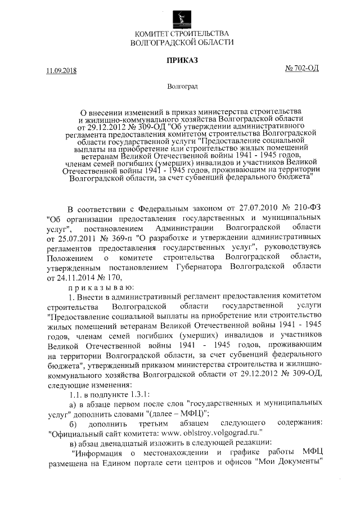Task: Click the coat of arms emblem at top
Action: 181,15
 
